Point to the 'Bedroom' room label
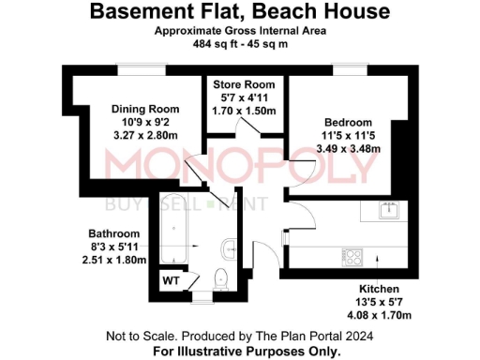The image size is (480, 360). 348,123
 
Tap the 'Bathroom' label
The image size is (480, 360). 114,233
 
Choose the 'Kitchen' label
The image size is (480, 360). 380,289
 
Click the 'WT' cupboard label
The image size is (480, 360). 171,279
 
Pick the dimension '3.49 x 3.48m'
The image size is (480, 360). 348,149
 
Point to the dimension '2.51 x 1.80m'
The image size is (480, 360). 114,260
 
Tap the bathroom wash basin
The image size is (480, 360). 230,248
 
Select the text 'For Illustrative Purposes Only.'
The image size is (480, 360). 247,351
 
